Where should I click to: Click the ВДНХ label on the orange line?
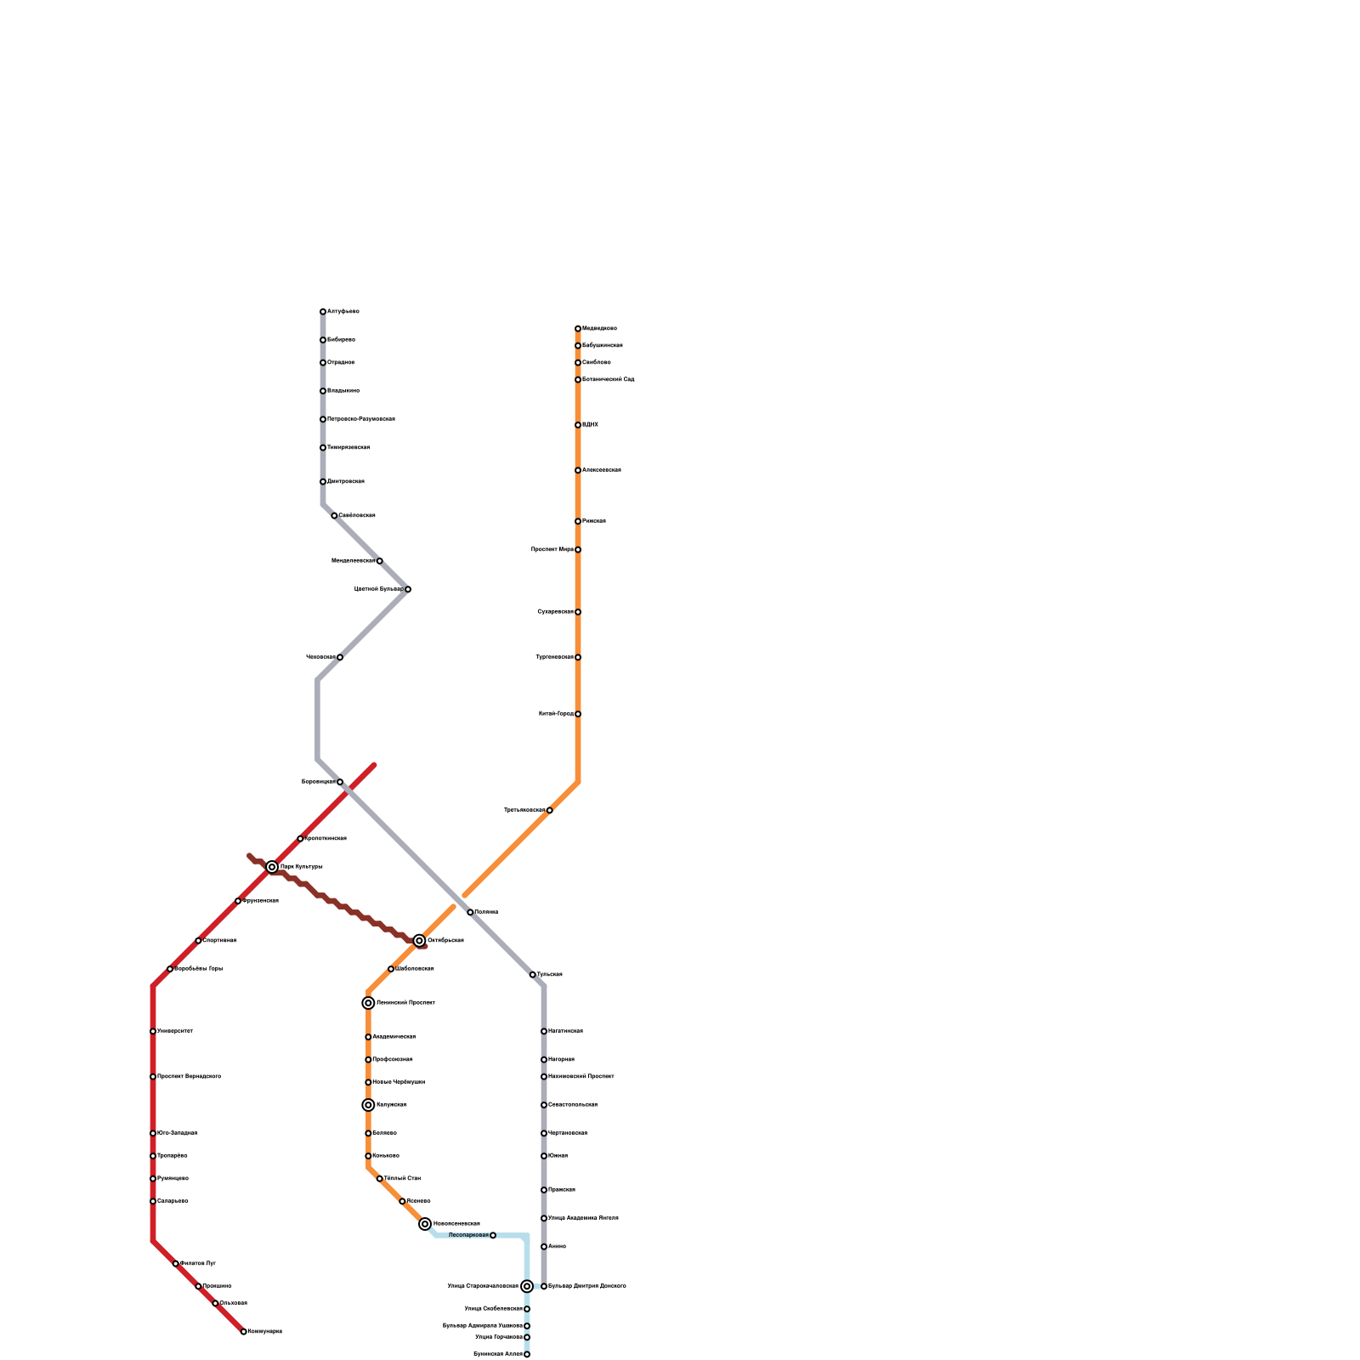click(591, 425)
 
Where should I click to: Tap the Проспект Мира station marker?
click(578, 550)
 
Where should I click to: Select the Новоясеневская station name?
click(456, 1224)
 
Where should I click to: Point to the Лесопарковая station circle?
click(493, 1235)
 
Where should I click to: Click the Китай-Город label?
click(556, 714)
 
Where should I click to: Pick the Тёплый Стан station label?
click(402, 1179)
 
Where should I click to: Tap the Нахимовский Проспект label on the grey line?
click(581, 1077)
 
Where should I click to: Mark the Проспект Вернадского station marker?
click(153, 1077)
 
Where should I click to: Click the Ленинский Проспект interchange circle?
click(368, 1003)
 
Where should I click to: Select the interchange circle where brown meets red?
click(272, 867)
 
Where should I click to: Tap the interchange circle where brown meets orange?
click(419, 941)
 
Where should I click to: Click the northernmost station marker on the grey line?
click(323, 312)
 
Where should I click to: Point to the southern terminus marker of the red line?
click(244, 1332)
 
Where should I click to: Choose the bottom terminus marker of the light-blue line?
click(527, 1355)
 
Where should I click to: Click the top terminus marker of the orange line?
click(578, 329)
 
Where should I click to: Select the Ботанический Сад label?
click(609, 380)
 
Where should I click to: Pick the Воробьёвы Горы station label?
click(199, 969)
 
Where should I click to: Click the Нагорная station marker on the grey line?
click(544, 1060)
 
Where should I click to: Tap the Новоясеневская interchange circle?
click(425, 1224)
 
